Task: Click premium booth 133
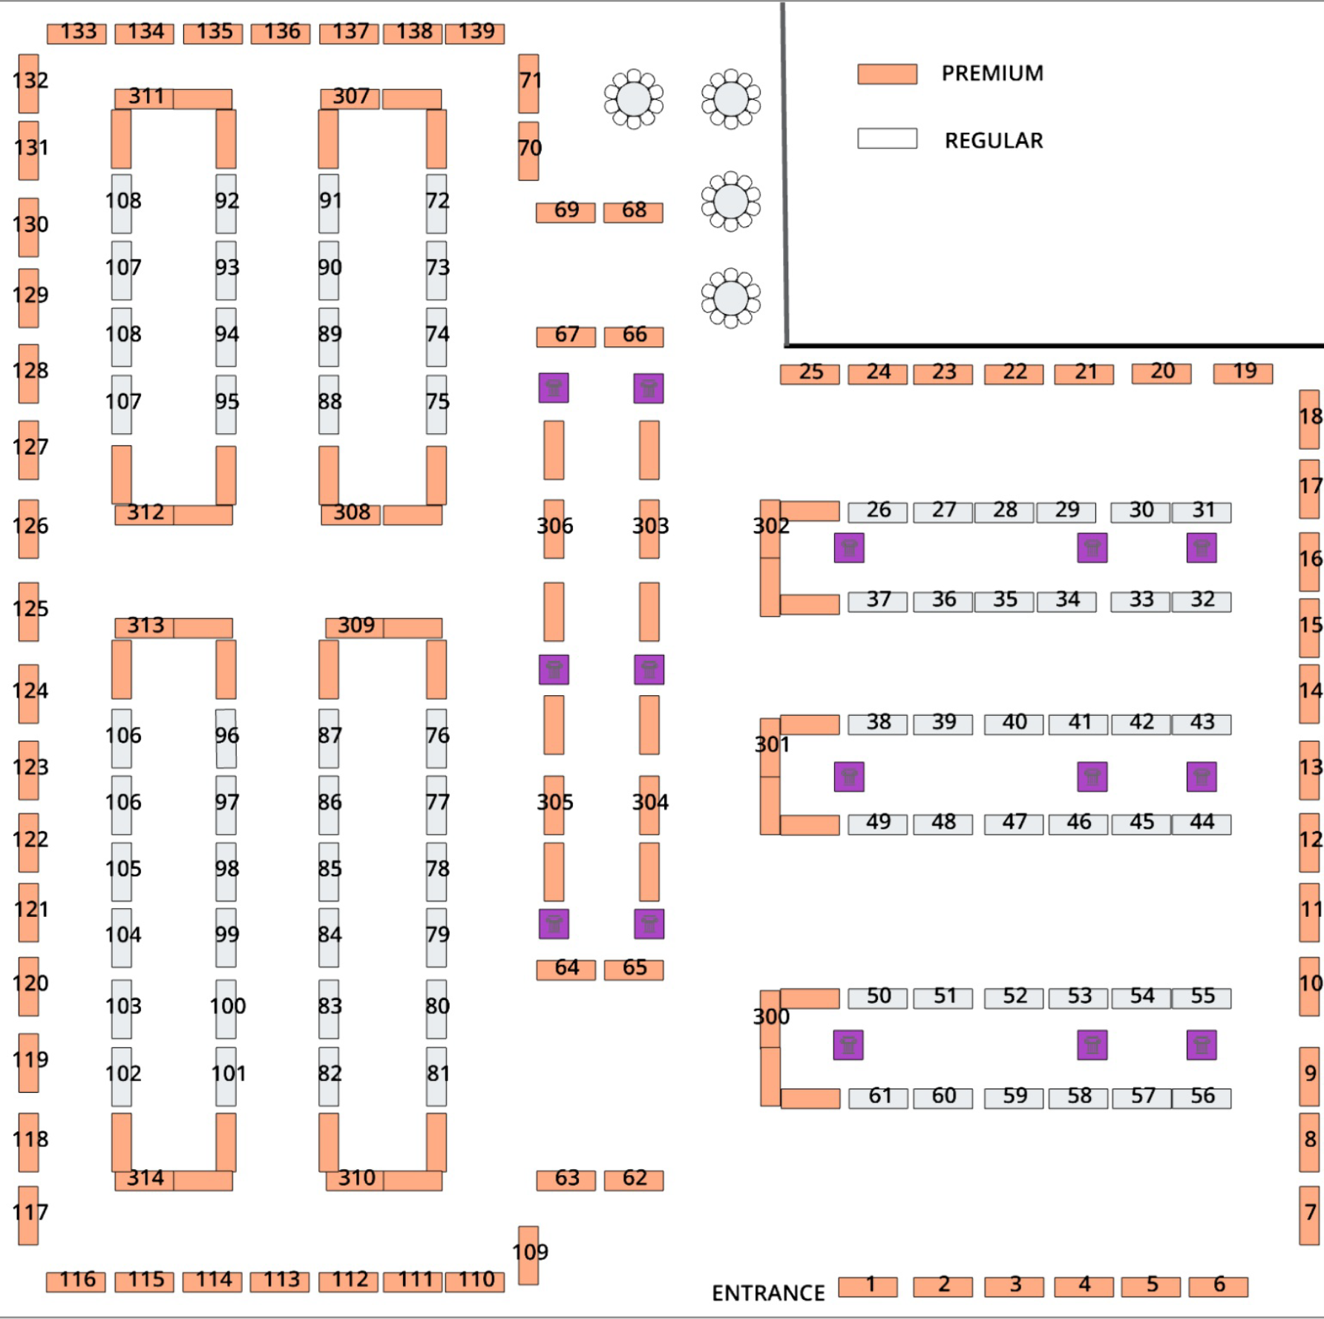76,33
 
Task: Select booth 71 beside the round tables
528,83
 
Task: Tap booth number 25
810,374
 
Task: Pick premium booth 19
1243,373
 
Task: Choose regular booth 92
226,203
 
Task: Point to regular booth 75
436,404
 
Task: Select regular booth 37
877,601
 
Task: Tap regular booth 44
1202,824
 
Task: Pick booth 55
1202,998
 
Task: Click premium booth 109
528,1254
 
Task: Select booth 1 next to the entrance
868,1286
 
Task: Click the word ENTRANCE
768,1293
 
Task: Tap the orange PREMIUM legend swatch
887,74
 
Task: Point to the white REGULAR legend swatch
887,139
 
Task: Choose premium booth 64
566,970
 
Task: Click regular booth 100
226,1009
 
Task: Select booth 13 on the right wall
1309,770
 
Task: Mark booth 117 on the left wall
28,1215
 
